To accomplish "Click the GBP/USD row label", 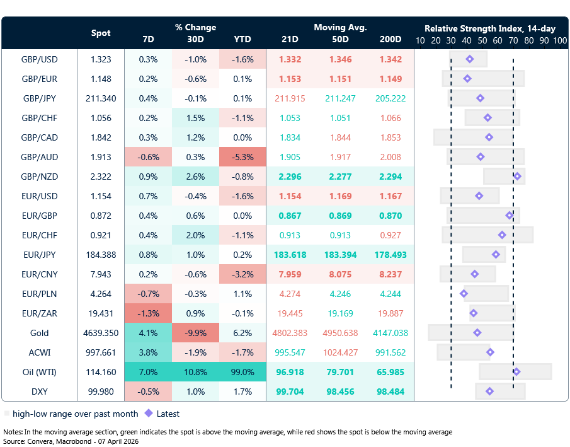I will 39,59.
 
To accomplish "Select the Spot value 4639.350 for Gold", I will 101,333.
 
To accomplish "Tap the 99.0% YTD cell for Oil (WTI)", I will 242,372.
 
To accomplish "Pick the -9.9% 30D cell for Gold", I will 195,333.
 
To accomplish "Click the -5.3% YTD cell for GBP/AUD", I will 242,157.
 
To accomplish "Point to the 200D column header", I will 390,39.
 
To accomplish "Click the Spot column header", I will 101,33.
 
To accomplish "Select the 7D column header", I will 148,39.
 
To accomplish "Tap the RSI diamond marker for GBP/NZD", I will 517,177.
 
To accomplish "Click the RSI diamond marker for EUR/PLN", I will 464,294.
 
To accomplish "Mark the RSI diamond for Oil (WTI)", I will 516,372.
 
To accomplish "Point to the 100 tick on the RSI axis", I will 559,40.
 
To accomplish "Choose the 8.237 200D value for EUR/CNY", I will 390,274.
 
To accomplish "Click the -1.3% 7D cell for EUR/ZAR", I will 148,313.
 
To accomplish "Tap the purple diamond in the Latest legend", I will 149,414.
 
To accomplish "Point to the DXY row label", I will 39,392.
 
